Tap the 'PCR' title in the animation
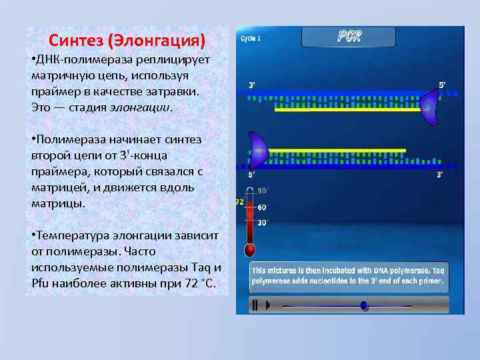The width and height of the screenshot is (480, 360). (x=349, y=37)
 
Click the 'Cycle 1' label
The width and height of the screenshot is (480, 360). (x=251, y=38)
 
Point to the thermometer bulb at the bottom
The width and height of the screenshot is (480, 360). (x=250, y=250)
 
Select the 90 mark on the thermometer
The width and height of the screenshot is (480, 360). (x=262, y=190)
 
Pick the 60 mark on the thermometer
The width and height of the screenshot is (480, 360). (x=262, y=207)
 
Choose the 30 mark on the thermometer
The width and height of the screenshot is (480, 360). (x=262, y=223)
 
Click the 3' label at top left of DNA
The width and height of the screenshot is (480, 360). (x=253, y=85)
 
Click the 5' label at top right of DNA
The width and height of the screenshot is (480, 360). (x=442, y=85)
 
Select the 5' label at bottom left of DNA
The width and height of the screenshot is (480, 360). (x=253, y=175)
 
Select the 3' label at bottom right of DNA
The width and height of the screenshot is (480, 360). (x=440, y=175)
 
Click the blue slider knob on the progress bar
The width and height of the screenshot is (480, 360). (x=363, y=305)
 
